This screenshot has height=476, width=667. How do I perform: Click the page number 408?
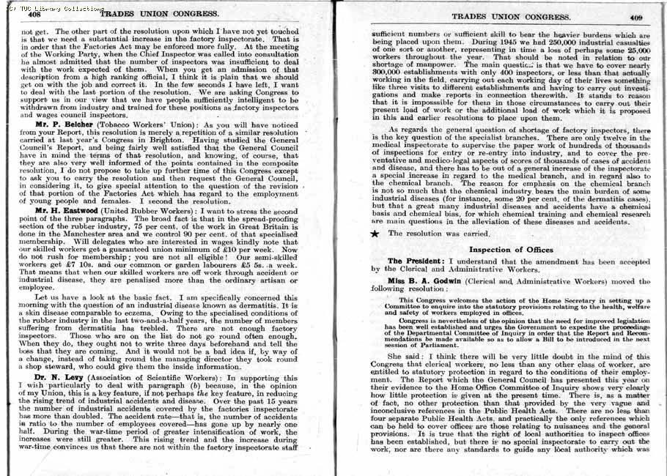click(x=34, y=14)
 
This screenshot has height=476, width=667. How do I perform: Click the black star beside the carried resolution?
click(x=375, y=234)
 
